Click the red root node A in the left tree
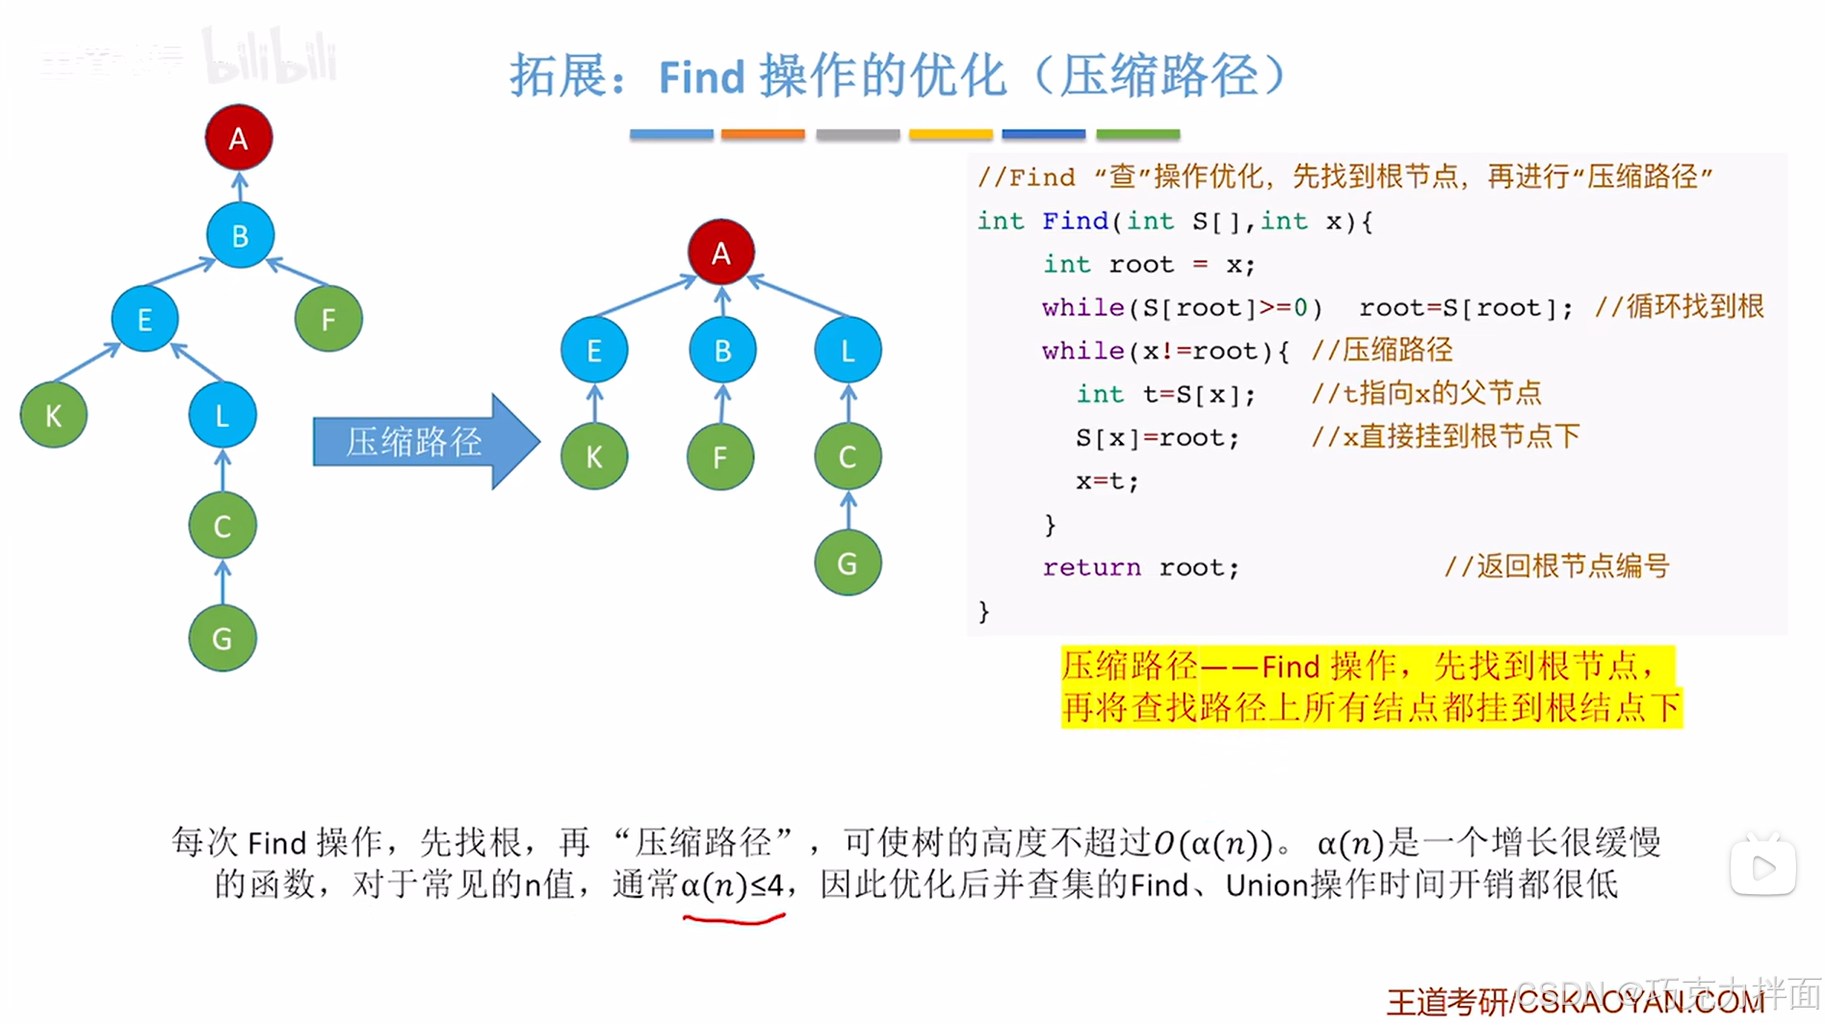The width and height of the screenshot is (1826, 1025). click(239, 139)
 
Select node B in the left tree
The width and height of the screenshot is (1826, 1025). click(240, 236)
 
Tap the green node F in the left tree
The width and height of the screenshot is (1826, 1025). click(328, 319)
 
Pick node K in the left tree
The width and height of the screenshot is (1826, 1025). click(54, 415)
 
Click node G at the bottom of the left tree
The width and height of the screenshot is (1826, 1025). click(222, 638)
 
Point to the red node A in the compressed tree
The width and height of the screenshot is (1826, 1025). click(720, 252)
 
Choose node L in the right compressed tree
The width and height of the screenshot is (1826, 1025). click(848, 351)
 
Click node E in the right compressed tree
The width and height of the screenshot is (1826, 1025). click(594, 351)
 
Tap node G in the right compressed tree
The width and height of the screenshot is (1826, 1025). click(848, 564)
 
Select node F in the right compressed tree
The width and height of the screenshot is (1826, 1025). click(720, 457)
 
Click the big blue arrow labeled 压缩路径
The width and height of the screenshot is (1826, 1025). click(424, 442)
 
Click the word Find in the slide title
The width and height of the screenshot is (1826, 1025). click(701, 77)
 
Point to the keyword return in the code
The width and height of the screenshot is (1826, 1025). click(1091, 567)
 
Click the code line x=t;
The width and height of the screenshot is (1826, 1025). click(1108, 481)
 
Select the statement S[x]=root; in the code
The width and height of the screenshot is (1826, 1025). click(1157, 437)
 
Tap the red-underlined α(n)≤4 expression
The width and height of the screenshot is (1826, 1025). click(733, 885)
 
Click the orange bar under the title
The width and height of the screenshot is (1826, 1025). click(763, 135)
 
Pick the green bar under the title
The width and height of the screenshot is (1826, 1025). click(1137, 135)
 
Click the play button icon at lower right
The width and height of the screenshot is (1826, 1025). click(1762, 868)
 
